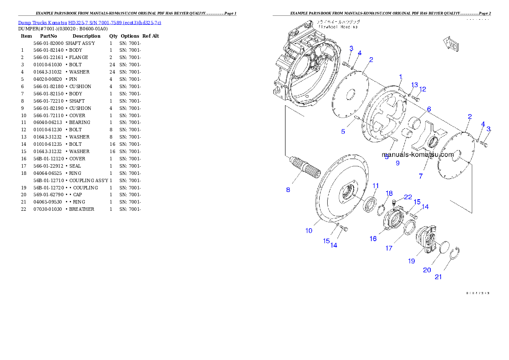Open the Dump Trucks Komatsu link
pos(89,23)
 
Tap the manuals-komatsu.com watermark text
pos(417,155)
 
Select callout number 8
pos(288,189)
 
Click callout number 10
pos(308,230)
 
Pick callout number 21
pos(438,277)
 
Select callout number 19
pos(411,261)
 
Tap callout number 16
pos(373,239)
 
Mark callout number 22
pos(408,197)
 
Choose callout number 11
pos(376,186)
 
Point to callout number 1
pos(400,77)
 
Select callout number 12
pos(422,89)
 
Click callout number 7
pos(420,176)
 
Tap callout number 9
pos(397,163)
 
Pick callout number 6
pos(428,109)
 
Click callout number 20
pos(427,270)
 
